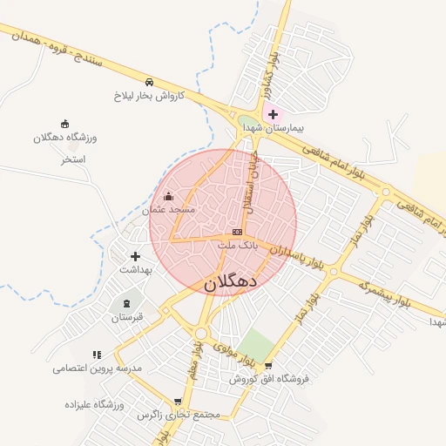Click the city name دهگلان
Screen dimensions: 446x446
pos(231,283)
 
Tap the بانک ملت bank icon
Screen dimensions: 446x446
pos(237,233)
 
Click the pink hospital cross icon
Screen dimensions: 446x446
pos(273,114)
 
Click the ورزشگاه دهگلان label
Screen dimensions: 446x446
pos(65,138)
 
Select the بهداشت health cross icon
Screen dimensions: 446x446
pos(135,256)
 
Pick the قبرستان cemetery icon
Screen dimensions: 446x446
pos(129,303)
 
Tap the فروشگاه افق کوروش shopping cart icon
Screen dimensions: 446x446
pos(268,366)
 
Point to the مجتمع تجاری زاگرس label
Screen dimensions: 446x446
pos(179,415)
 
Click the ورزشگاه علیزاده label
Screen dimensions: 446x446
pos(95,405)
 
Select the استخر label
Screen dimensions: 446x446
pos(71,160)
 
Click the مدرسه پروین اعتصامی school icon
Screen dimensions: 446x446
pos(97,355)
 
